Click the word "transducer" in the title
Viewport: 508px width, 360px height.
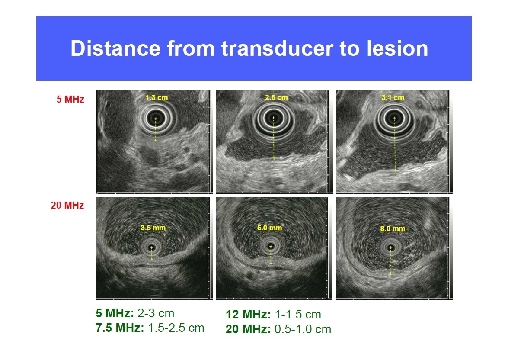pos(277,48)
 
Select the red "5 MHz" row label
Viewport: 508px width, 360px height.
pos(70,99)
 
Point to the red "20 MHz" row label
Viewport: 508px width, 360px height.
pos(67,205)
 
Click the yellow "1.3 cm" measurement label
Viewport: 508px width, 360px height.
pos(157,97)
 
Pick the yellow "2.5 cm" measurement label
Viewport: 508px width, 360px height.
pos(276,97)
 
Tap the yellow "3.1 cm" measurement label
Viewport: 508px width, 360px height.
pos(393,97)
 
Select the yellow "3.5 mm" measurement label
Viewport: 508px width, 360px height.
pos(153,228)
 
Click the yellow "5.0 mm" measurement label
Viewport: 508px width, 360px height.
pos(269,228)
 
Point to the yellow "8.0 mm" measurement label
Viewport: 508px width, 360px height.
pos(393,228)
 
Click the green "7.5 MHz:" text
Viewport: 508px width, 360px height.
pos(120,328)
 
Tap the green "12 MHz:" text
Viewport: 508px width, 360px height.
pos(248,314)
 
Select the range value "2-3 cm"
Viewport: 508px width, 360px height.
pos(156,313)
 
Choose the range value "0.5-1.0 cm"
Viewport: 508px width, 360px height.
pos(303,329)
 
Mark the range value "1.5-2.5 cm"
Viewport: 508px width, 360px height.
pos(176,328)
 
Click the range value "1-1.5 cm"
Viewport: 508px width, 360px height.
pos(298,314)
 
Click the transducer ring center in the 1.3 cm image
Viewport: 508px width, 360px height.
pos(156,119)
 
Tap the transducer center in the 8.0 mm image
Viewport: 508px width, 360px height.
pos(390,248)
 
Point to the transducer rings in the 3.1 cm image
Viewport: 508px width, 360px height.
pos(394,119)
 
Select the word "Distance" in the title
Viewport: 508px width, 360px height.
pos(116,48)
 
